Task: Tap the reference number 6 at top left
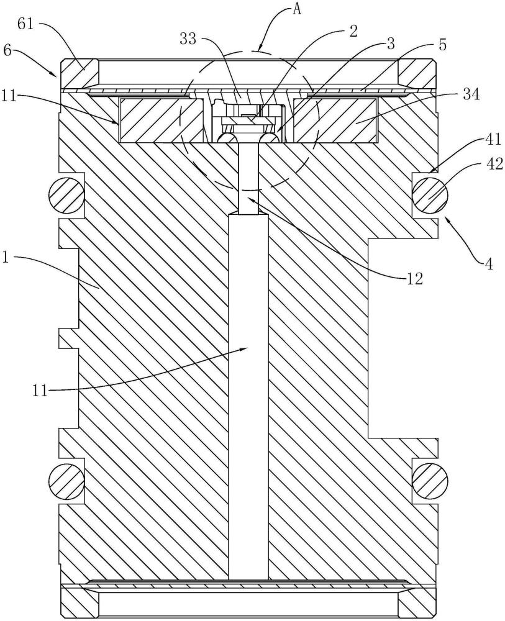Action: (x=7, y=51)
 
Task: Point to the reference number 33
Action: (x=189, y=39)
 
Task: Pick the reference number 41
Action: (x=491, y=139)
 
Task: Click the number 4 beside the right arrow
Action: (x=489, y=264)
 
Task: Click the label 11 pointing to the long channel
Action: (x=40, y=391)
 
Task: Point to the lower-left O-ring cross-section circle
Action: (x=66, y=481)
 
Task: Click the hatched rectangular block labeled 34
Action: (x=335, y=120)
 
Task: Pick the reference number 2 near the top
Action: (x=353, y=31)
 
